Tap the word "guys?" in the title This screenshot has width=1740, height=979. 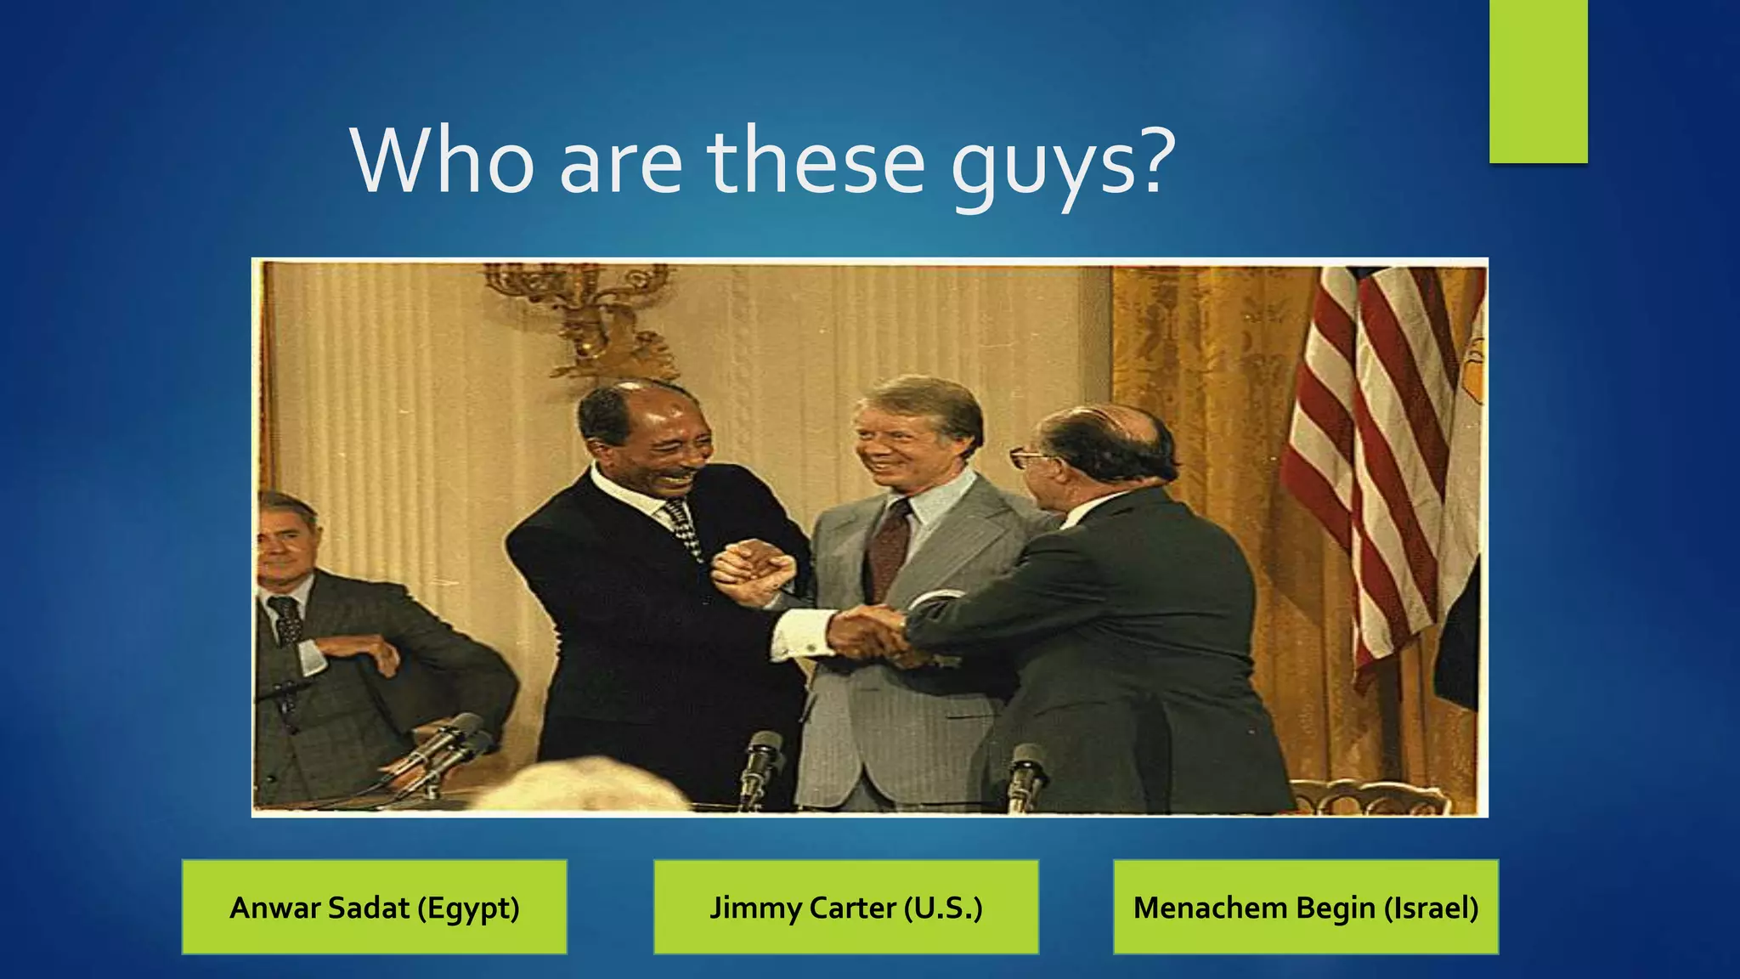tap(1062, 166)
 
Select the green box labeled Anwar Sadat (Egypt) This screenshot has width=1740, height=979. tap(374, 907)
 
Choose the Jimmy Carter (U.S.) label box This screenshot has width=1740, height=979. tap(845, 907)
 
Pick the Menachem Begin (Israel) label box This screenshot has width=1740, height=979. tap(1306, 907)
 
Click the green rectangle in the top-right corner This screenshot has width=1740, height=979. tap(1538, 81)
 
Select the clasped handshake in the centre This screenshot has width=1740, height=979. tap(871, 633)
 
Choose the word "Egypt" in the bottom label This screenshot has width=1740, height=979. tap(467, 908)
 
